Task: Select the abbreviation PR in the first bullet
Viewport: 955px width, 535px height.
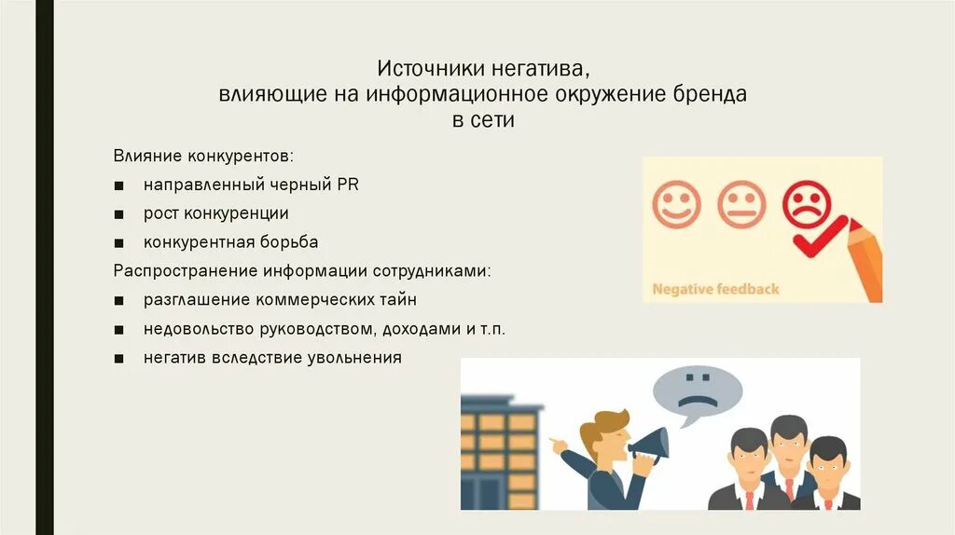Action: [348, 185]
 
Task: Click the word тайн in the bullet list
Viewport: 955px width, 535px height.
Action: [398, 300]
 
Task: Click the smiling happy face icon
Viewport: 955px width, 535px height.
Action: [677, 205]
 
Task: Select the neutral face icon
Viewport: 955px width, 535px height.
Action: [741, 205]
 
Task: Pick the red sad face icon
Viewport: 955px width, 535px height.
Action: [807, 203]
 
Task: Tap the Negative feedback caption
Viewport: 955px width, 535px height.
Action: [715, 289]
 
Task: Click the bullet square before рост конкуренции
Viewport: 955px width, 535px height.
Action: [121, 214]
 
